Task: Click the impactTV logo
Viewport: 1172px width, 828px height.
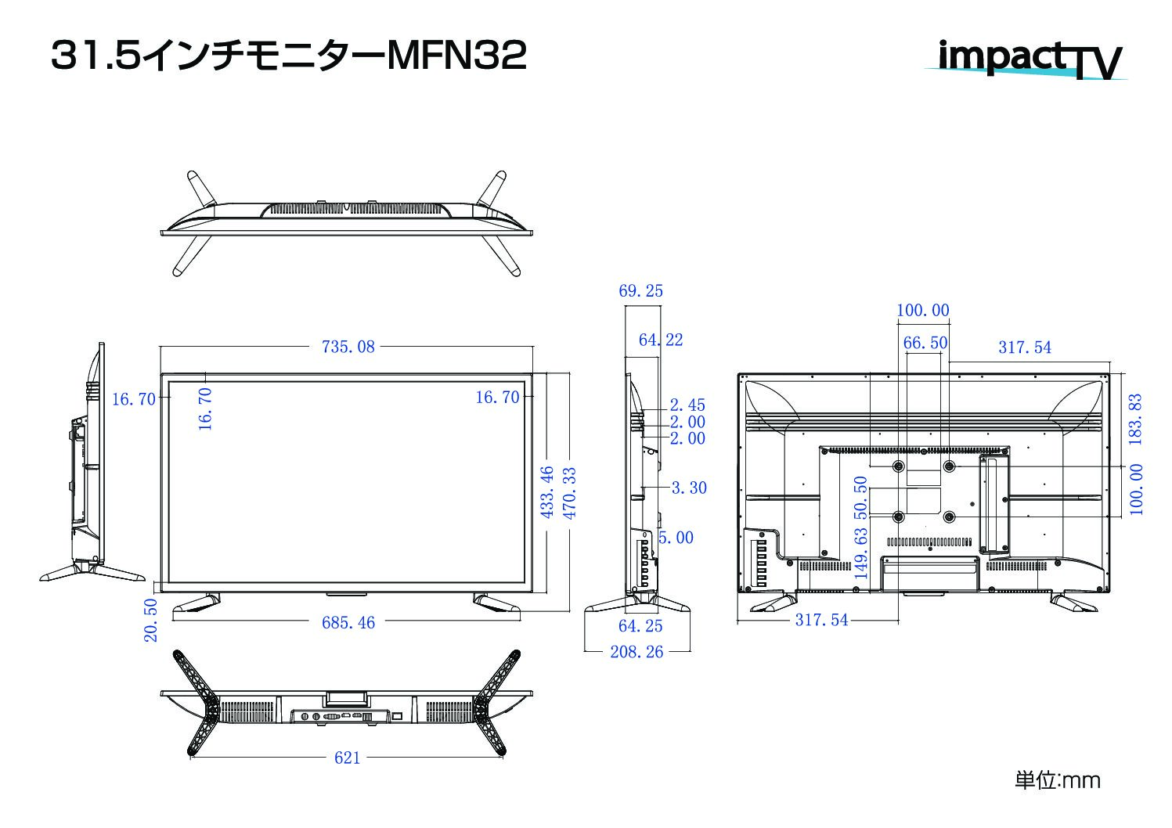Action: (x=1026, y=59)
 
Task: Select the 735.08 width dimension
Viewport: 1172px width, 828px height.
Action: (x=348, y=347)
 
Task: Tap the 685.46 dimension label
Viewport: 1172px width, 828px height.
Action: (x=348, y=622)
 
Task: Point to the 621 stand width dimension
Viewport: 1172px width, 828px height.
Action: (x=348, y=758)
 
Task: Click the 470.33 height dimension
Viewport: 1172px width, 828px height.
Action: (x=569, y=493)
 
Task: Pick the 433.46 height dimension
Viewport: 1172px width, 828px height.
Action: (x=546, y=492)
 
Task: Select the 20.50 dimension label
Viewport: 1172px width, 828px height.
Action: (x=150, y=621)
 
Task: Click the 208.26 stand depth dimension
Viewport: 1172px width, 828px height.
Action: (x=636, y=652)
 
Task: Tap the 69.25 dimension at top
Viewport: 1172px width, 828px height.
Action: (x=640, y=291)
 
